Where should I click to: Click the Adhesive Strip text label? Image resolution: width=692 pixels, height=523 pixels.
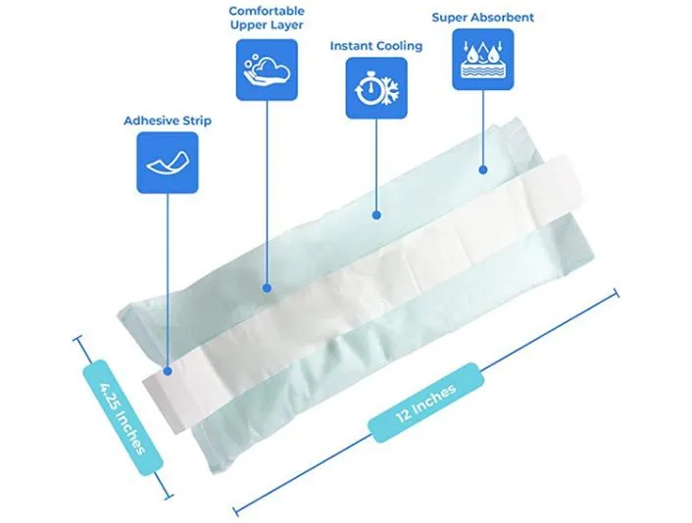click(x=168, y=120)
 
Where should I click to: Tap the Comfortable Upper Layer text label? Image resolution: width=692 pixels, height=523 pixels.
click(x=267, y=18)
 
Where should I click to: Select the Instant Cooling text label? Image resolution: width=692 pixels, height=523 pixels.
click(x=376, y=46)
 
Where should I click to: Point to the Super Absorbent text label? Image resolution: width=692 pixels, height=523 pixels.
click(x=483, y=18)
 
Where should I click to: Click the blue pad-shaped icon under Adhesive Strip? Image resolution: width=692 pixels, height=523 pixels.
click(x=168, y=163)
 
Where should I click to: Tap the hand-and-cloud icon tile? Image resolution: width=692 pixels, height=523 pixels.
click(x=267, y=71)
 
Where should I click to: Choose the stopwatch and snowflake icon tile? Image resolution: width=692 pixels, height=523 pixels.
click(x=376, y=88)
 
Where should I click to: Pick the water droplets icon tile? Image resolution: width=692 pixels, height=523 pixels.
click(x=483, y=60)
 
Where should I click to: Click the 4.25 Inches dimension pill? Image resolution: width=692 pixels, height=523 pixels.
click(x=123, y=417)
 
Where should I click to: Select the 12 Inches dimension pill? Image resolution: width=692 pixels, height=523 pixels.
click(x=425, y=403)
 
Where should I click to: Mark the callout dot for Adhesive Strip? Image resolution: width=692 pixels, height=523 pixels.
click(x=168, y=372)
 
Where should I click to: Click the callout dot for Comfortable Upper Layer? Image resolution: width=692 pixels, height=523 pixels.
click(x=267, y=288)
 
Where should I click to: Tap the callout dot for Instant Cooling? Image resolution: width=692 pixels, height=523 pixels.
click(x=376, y=215)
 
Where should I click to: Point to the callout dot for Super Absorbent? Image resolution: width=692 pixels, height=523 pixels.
click(x=483, y=169)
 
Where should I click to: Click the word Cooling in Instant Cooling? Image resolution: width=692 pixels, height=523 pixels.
click(x=399, y=46)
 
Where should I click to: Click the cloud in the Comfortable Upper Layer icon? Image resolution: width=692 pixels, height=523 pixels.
click(x=272, y=71)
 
